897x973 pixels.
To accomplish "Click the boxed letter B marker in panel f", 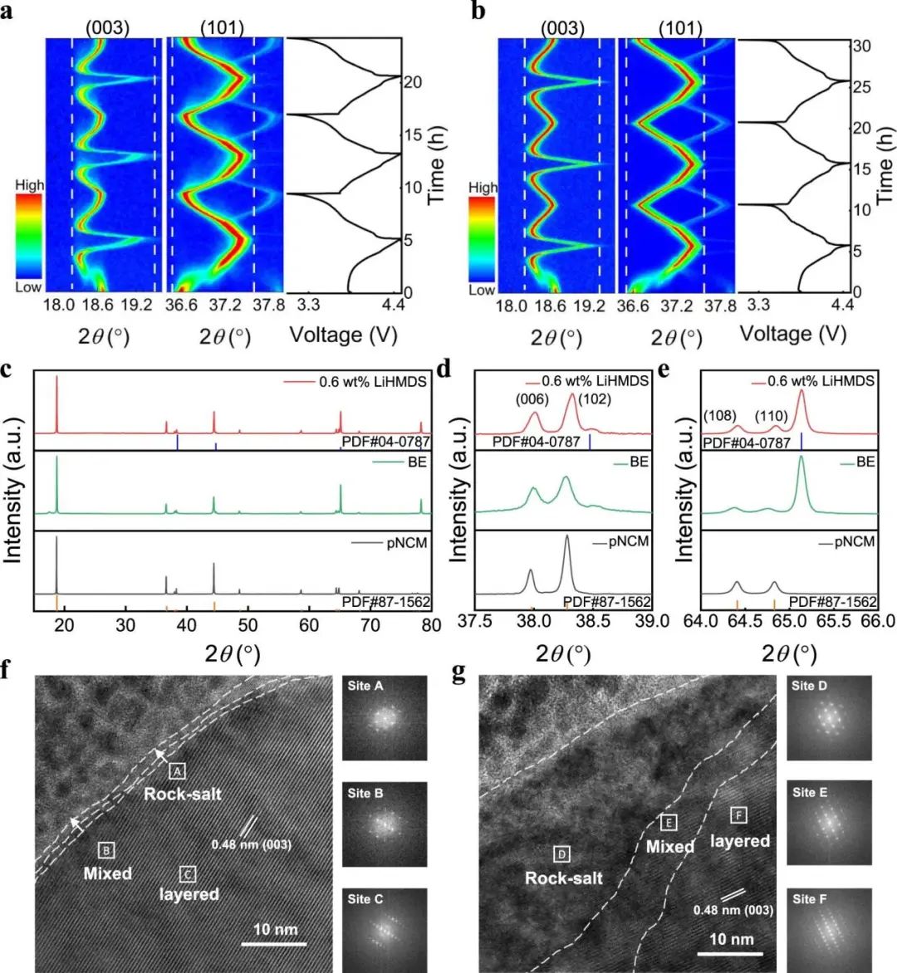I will pyautogui.click(x=106, y=849).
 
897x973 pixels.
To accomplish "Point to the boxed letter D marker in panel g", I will pyautogui.click(x=561, y=853).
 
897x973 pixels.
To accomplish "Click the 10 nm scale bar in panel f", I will pyautogui.click(x=275, y=942).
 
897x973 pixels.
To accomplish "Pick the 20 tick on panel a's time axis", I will pyautogui.click(x=414, y=82).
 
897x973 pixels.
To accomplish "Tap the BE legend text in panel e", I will pyautogui.click(x=865, y=462).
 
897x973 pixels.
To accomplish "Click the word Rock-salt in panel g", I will pyautogui.click(x=563, y=878).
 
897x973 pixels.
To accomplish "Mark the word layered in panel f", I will pyautogui.click(x=189, y=894).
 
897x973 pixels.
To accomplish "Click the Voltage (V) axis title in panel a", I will pyautogui.click(x=343, y=335).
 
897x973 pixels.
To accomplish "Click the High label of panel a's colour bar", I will pyautogui.click(x=30, y=185).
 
